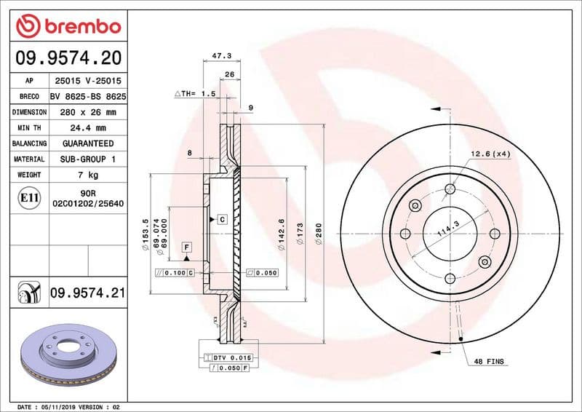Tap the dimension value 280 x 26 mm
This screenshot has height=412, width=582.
(x=87, y=112)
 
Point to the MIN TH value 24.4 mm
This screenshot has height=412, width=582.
(x=87, y=127)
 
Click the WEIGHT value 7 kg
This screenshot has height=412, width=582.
(x=87, y=175)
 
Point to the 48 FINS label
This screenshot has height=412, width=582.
(x=490, y=362)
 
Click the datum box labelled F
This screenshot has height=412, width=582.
(x=187, y=247)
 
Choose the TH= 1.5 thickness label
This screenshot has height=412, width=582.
(x=195, y=94)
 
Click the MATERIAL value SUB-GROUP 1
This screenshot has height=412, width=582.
(x=87, y=159)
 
